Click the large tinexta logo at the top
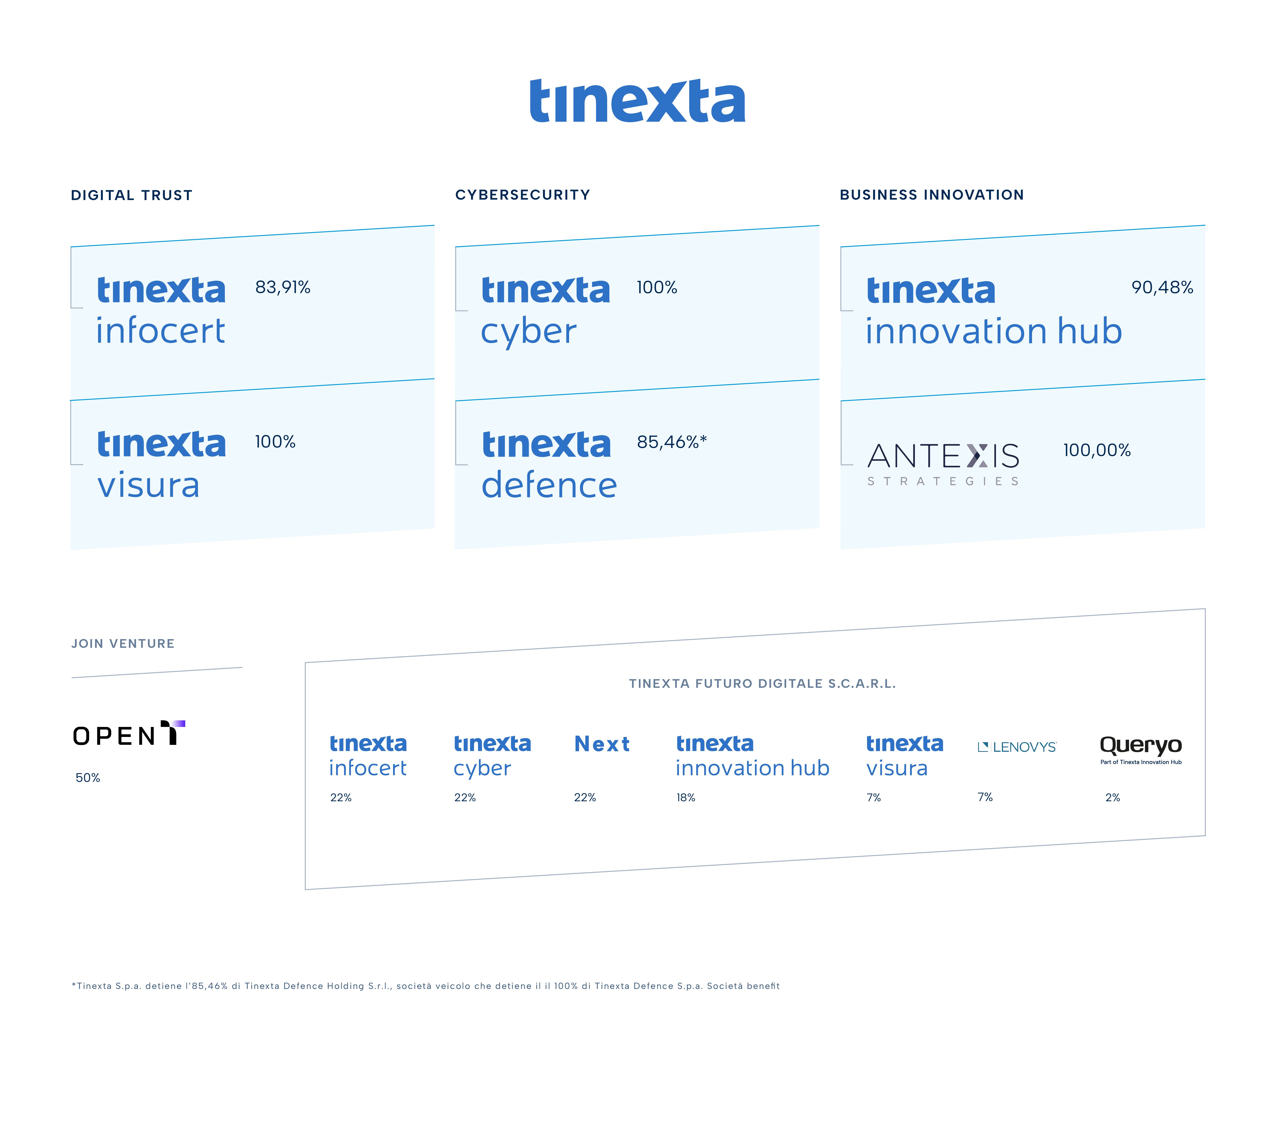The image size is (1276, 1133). coord(637,101)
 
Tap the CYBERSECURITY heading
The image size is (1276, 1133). coord(523,195)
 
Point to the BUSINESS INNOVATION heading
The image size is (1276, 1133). coord(931,195)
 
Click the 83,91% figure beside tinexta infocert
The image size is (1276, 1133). coord(282,287)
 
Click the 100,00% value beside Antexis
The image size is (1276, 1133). coord(1097,450)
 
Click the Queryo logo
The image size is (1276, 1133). coord(1141,748)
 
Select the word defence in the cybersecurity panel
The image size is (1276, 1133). coord(549,485)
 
